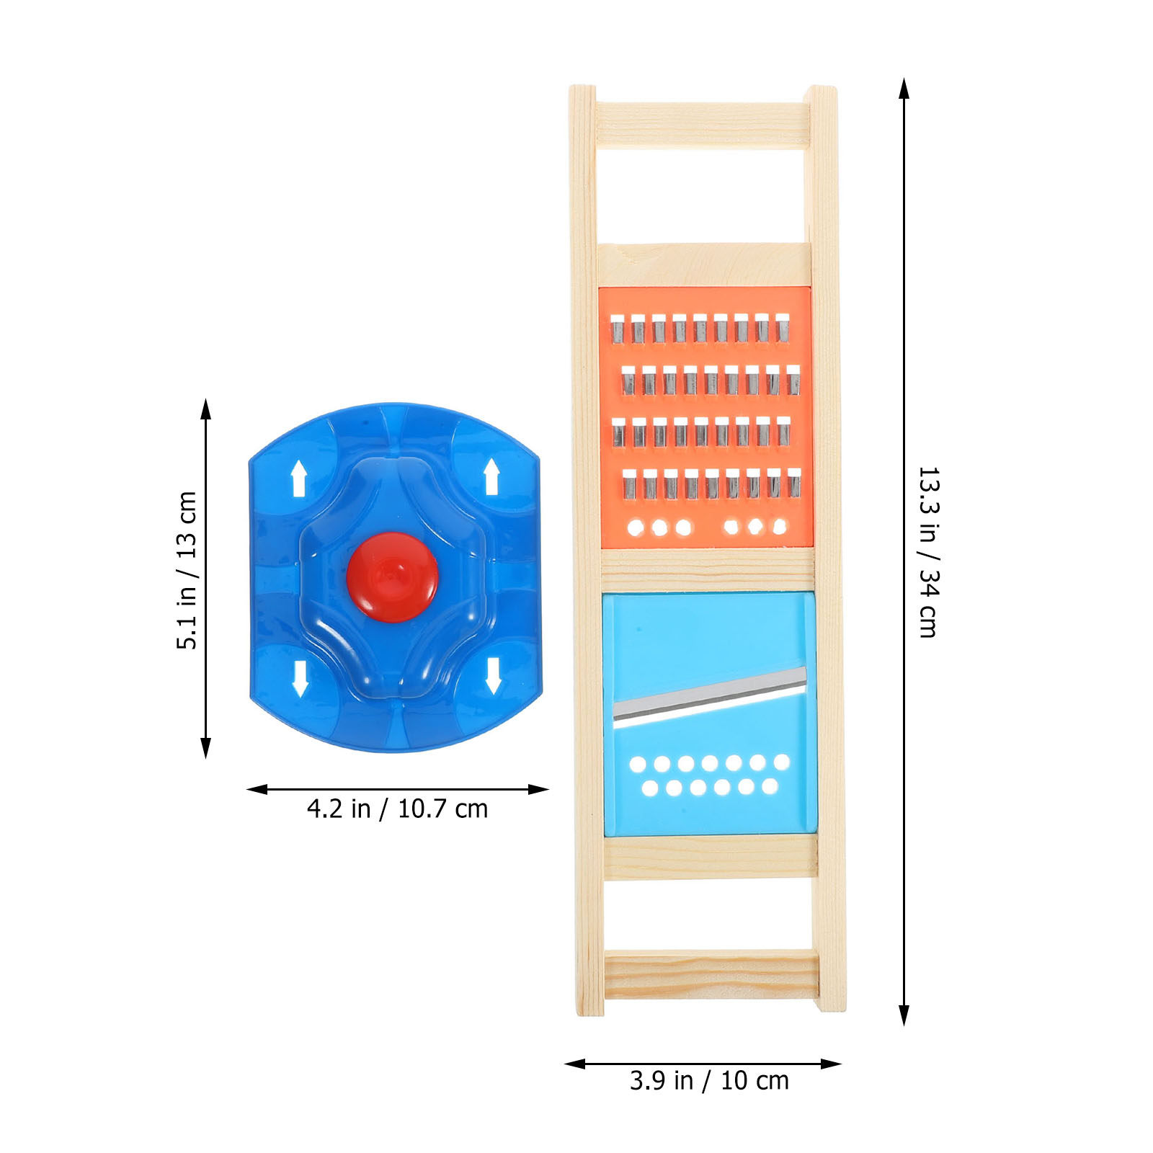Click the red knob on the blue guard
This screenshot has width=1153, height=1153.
point(392,577)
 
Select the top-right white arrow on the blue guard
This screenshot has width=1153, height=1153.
point(491,476)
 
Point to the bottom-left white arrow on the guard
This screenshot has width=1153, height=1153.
point(300,678)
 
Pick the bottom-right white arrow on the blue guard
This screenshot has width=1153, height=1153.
point(493,675)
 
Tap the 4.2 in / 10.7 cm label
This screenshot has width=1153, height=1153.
point(398,809)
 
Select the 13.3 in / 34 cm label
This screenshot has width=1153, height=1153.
point(928,552)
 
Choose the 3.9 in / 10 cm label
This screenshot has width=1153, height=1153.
point(709,1081)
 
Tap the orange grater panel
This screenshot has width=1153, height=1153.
point(705,417)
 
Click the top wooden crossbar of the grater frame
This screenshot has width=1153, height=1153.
point(703,126)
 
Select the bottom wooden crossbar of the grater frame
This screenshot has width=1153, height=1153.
point(711,974)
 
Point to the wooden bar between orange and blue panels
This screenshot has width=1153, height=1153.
point(708,570)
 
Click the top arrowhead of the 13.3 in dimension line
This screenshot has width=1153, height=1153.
point(904,88)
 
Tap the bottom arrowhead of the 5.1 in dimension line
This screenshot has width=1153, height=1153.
point(206,747)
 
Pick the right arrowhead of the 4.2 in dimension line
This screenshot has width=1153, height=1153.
point(538,789)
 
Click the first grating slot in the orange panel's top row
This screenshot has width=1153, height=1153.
point(617,328)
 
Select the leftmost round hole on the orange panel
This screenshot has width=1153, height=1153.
point(636,527)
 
